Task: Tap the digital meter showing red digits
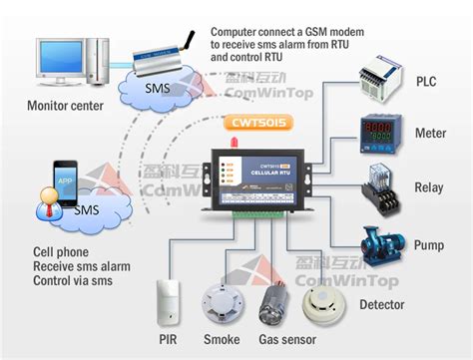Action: click(380, 135)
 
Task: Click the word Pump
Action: click(430, 243)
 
